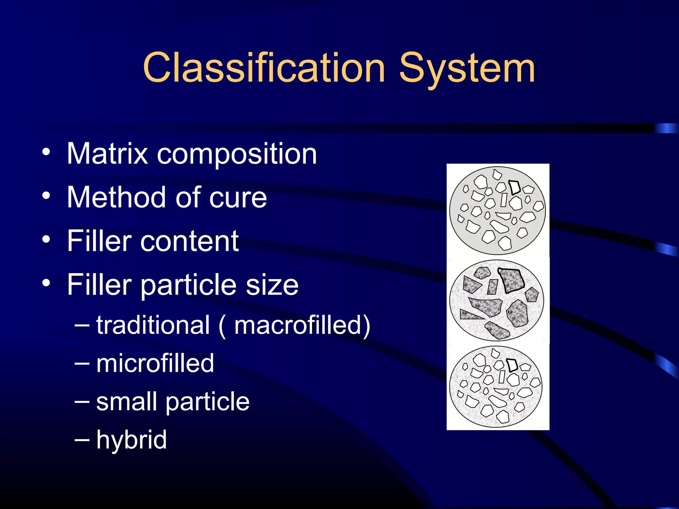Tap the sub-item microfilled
pos(155,363)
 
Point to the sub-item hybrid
pos(131,440)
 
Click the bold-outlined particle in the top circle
pos(515,187)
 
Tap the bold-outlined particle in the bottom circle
pos(512,365)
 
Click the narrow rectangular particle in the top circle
pos(504,200)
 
